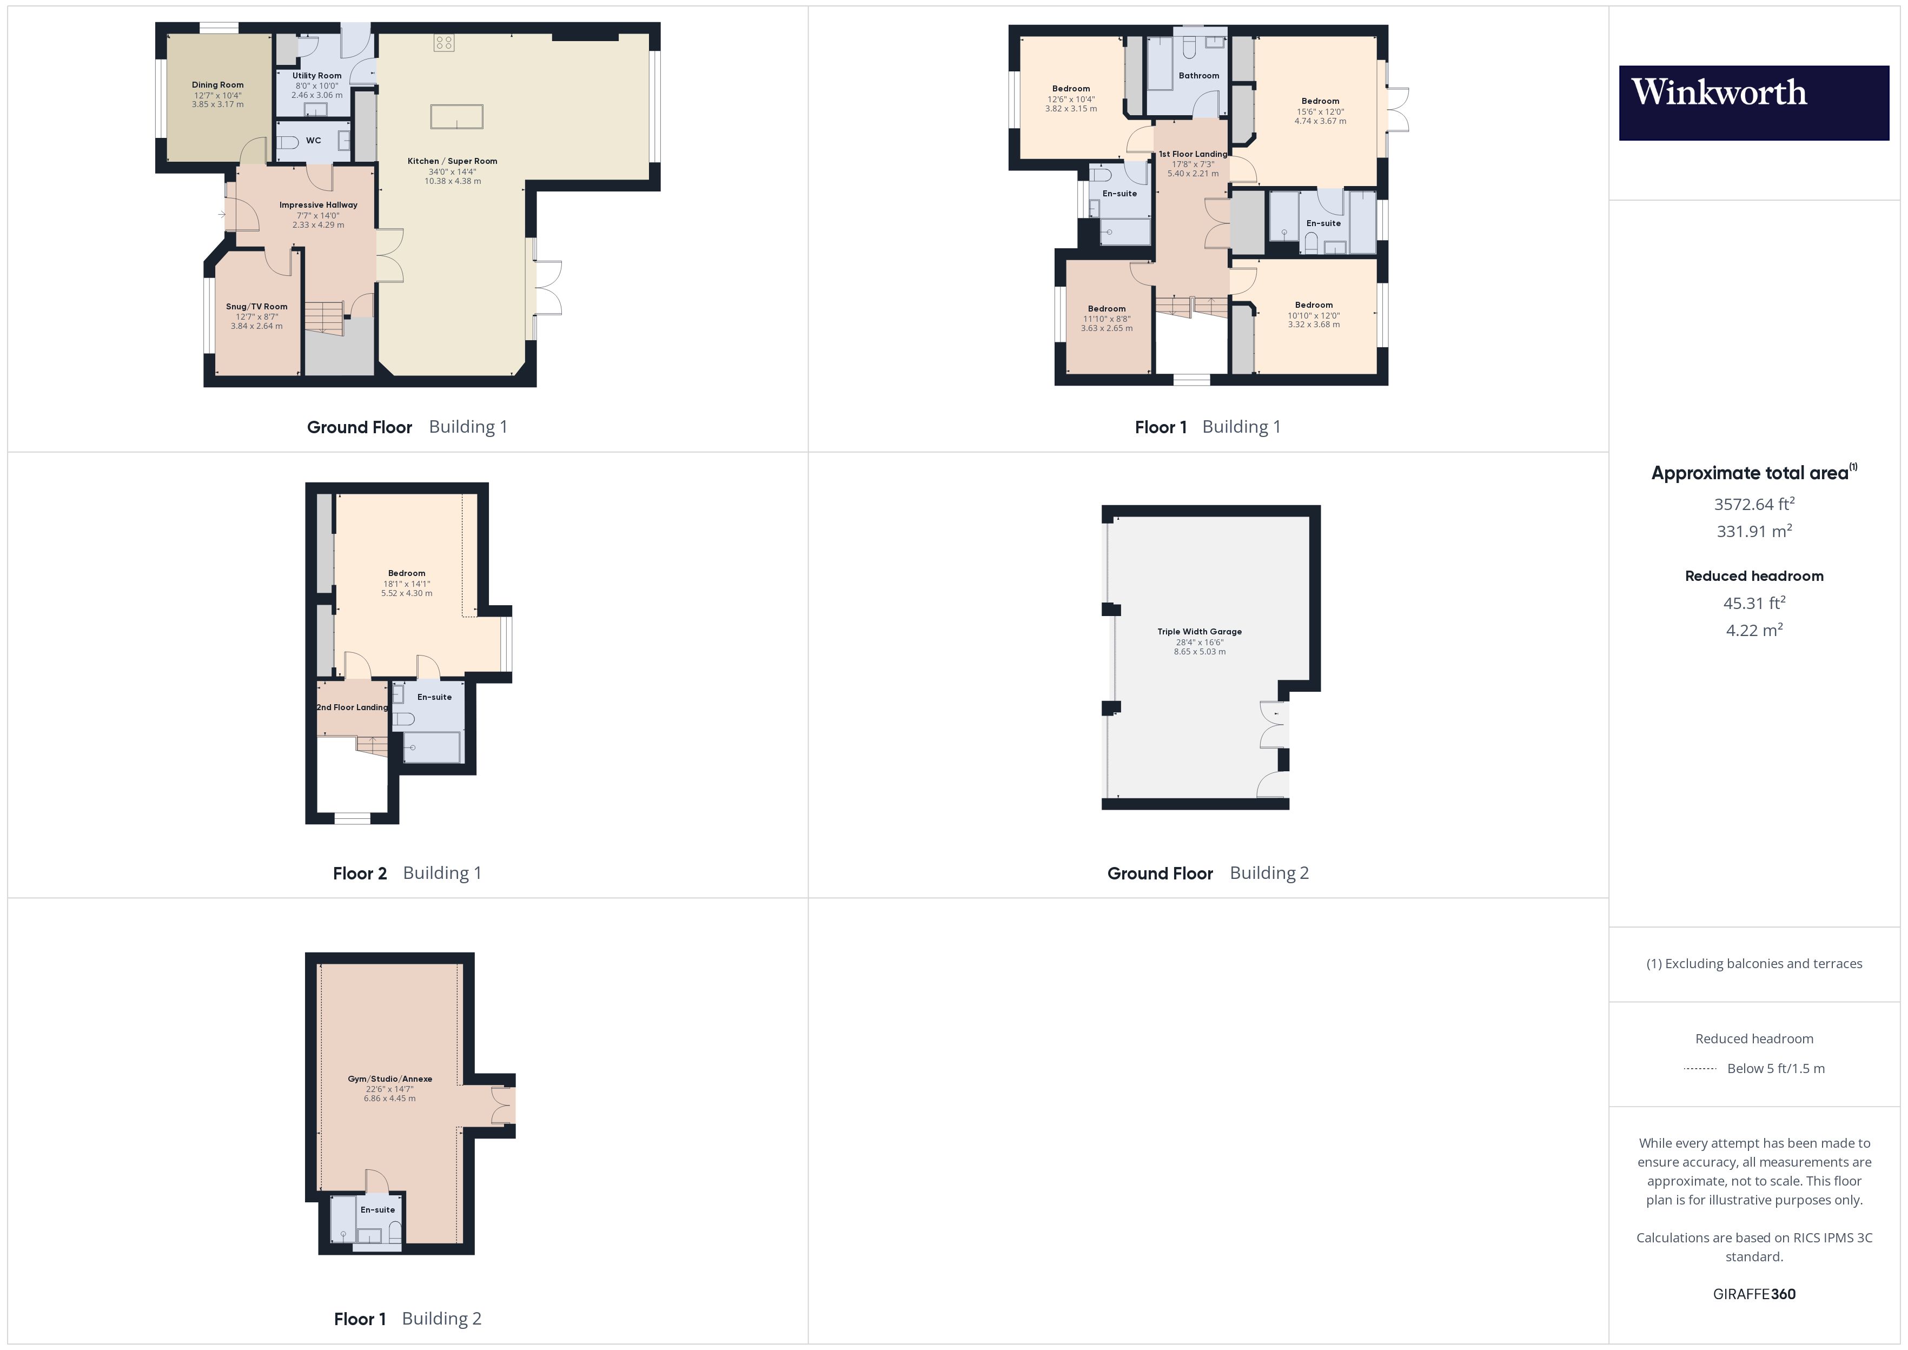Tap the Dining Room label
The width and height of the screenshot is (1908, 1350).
click(x=218, y=85)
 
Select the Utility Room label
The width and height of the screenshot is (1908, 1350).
click(x=316, y=76)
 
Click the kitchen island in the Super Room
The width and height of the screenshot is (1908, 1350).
click(x=456, y=116)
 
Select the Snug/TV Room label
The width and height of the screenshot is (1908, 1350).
click(x=257, y=307)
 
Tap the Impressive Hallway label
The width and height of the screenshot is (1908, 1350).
click(x=319, y=206)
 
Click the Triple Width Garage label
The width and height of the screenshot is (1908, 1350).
click(x=1199, y=632)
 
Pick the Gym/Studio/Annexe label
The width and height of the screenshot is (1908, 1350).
click(x=390, y=1079)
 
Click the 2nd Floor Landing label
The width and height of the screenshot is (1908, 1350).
click(x=353, y=707)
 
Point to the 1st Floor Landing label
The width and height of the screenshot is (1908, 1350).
click(x=1192, y=154)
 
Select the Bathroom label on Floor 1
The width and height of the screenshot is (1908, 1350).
click(x=1198, y=76)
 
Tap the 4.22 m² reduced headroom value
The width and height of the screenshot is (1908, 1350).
click(x=1753, y=630)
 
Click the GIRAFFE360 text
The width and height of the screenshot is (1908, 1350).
click(x=1753, y=1294)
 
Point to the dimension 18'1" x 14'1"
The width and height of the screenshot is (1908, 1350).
click(x=406, y=584)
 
